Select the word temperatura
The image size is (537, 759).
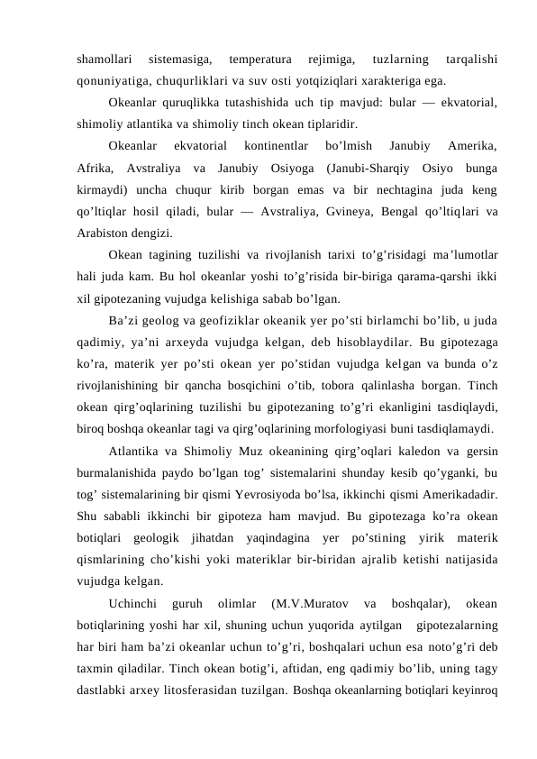259,59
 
